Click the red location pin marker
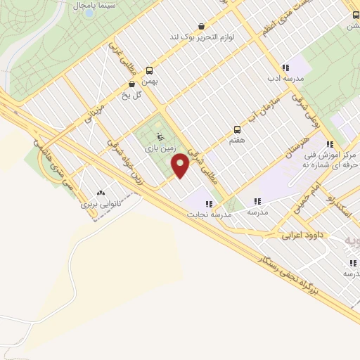181,165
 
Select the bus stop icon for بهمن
149,70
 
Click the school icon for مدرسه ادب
285,68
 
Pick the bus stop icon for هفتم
237,129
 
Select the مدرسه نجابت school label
208,214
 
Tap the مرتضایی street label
94,117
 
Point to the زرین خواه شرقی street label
127,157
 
